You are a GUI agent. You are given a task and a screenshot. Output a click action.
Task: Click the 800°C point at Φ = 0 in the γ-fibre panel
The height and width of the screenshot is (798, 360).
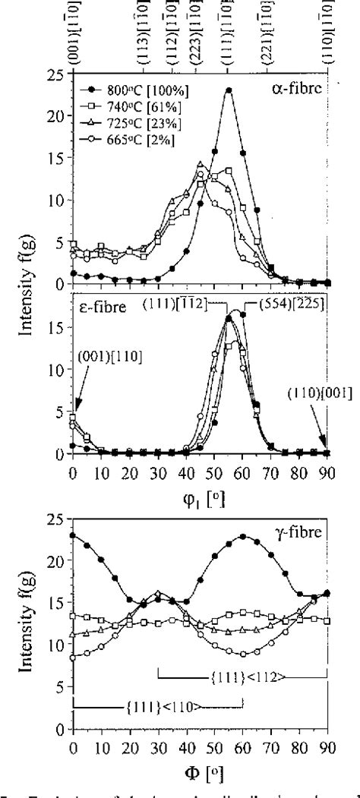pos(73,535)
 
